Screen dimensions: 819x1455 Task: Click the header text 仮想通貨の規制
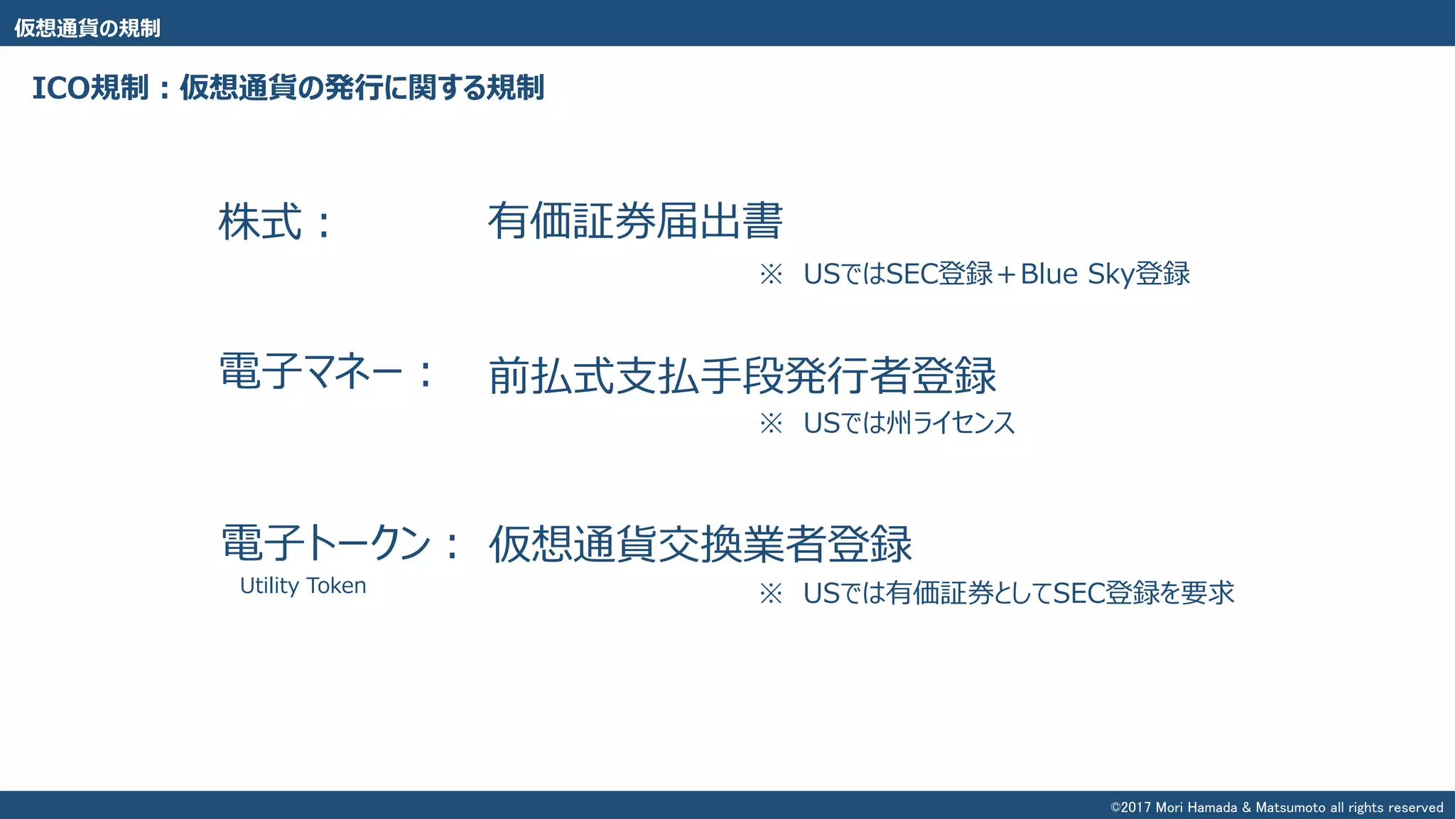click(87, 28)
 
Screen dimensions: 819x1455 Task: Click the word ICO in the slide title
click(60, 88)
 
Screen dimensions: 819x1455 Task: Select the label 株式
click(260, 222)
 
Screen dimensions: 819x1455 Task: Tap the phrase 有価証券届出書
click(635, 221)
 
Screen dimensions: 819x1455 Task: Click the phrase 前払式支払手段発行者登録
click(742, 375)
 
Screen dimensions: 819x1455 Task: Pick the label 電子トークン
click(326, 543)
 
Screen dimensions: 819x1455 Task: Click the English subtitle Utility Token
click(303, 586)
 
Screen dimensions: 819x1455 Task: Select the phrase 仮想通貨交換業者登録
click(700, 544)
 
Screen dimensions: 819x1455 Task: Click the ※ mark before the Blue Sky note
click(771, 274)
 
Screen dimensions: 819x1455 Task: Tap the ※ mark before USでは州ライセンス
click(771, 424)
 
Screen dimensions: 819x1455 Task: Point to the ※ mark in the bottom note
click(771, 593)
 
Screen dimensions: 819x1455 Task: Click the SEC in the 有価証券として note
click(1078, 593)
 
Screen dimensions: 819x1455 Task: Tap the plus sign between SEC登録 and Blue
click(1006, 274)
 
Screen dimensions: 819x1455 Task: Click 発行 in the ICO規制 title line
click(354, 88)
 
